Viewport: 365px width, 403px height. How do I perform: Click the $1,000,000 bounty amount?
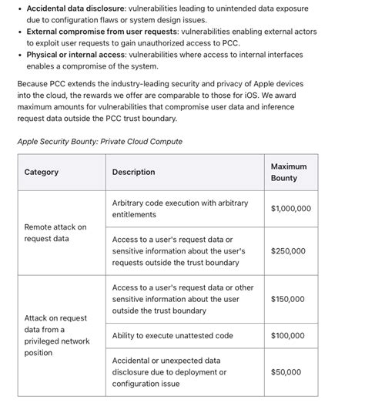point(291,209)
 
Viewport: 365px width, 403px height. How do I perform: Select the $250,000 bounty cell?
point(288,251)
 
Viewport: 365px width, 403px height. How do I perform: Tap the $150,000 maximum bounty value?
point(288,299)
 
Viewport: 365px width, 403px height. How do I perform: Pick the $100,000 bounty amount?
point(288,336)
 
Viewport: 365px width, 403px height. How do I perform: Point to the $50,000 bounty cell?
point(286,372)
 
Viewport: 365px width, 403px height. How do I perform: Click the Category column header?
point(42,173)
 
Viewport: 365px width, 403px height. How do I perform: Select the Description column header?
point(133,173)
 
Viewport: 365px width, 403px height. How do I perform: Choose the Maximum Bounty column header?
point(289,173)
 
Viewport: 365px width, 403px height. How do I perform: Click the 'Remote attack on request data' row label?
point(55,233)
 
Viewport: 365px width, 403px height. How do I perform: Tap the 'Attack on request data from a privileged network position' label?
point(57,335)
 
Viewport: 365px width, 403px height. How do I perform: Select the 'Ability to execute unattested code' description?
point(172,336)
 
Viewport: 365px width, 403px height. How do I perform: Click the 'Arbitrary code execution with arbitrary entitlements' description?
point(180,209)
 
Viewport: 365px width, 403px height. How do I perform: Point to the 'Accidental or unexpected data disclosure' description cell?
point(169,371)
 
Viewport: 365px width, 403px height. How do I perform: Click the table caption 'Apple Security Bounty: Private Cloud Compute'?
point(99,142)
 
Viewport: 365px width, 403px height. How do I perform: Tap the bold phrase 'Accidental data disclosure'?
point(71,8)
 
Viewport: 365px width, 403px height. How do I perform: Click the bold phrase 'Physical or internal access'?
point(77,55)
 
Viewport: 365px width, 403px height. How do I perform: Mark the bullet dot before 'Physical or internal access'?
point(20,55)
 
